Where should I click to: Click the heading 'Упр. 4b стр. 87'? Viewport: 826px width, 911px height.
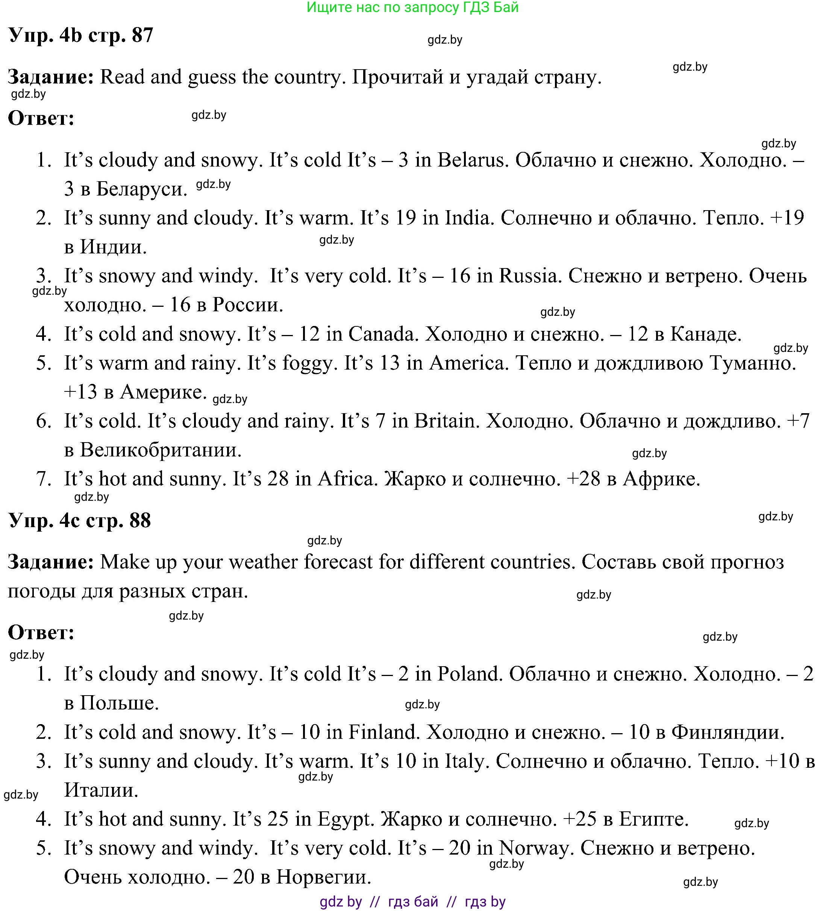coord(81,35)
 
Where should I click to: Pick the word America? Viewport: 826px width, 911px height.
coord(466,363)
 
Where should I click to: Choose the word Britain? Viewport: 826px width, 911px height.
coord(446,421)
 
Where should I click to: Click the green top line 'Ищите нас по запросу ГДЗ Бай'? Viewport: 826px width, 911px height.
coord(412,7)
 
